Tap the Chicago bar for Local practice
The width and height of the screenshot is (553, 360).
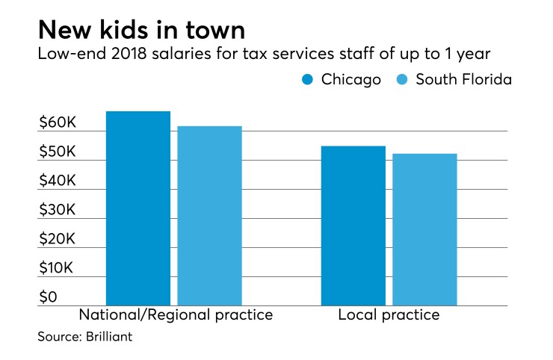(353, 225)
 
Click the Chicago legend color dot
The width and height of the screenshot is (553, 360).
(306, 80)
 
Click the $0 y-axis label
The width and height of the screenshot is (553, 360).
(48, 297)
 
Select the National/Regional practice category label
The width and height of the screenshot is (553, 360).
(175, 315)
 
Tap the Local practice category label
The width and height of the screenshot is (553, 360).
(389, 315)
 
